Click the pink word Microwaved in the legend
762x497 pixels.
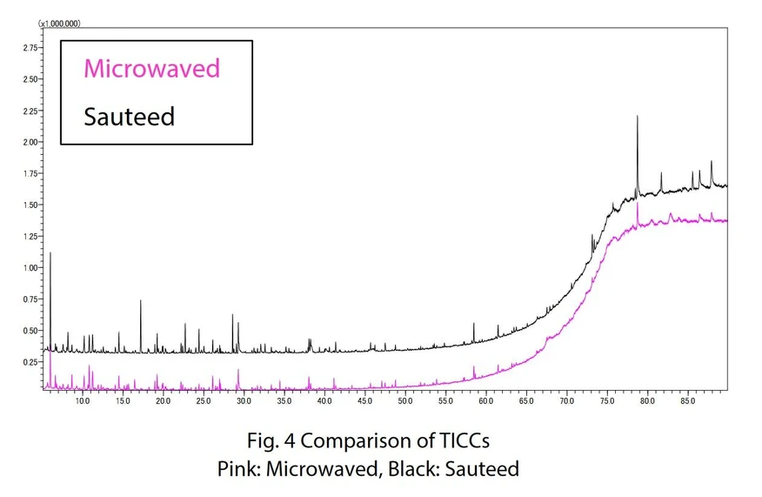pos(151,69)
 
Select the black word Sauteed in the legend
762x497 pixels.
pos(129,116)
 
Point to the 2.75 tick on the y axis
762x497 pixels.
pos(29,48)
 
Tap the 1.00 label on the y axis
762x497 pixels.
pos(29,268)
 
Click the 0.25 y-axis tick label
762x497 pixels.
pos(29,362)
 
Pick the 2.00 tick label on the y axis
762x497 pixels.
pos(29,142)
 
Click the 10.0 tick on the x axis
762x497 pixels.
pos(83,401)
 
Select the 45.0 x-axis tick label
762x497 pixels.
pos(364,401)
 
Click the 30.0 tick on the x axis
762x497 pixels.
pos(244,401)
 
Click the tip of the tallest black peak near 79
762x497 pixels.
pos(638,116)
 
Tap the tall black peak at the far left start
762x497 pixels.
pos(50,253)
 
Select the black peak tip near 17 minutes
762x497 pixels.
pos(141,301)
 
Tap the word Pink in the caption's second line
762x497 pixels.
pos(236,468)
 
